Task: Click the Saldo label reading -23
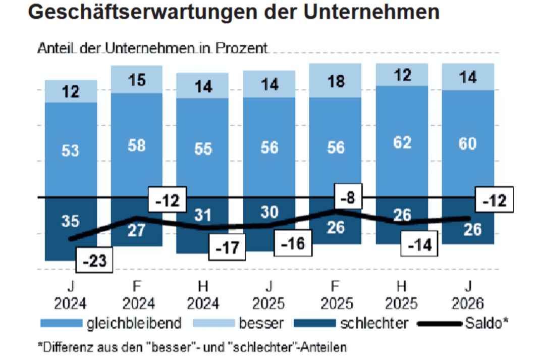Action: click(94, 262)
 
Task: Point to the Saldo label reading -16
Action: click(294, 244)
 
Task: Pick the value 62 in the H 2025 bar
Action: click(402, 143)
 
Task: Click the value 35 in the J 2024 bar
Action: click(71, 221)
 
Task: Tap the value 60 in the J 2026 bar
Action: click(468, 144)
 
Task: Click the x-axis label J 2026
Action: click(468, 296)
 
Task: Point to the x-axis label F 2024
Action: click(137, 296)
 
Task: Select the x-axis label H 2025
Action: click(402, 296)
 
